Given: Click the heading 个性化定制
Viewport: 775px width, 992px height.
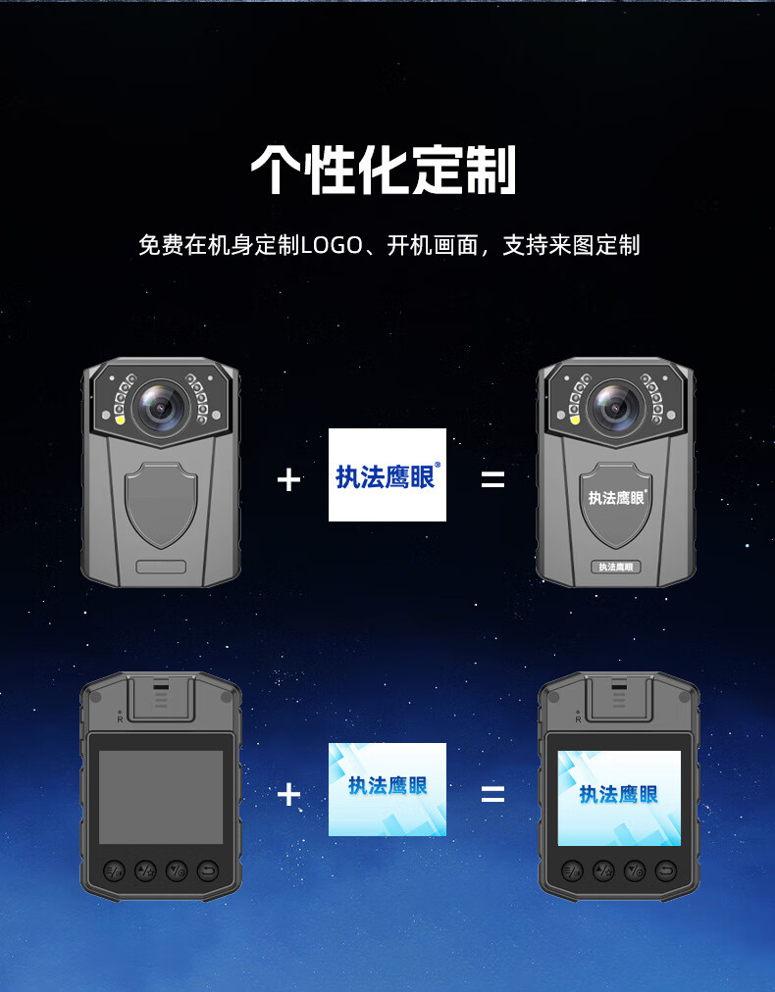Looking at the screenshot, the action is [x=384, y=171].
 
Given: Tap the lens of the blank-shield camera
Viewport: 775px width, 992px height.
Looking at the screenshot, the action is [x=162, y=408].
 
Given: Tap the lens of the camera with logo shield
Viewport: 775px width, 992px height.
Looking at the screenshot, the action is [x=615, y=408].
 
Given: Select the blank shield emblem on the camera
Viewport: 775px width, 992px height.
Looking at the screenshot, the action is [x=161, y=504].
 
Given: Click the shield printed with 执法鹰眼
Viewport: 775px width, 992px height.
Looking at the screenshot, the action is [x=616, y=504].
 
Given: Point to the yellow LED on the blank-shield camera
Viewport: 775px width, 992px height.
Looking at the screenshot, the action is [x=119, y=419].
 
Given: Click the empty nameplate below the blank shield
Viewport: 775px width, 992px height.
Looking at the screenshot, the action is [x=161, y=567].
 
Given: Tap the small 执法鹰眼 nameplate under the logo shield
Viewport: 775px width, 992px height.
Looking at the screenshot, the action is [x=616, y=567].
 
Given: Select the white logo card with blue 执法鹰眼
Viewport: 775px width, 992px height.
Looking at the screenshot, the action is [x=387, y=475].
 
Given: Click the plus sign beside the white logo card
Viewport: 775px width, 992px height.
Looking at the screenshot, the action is [x=288, y=480].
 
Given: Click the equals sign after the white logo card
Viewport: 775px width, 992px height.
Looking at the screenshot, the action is [x=492, y=480].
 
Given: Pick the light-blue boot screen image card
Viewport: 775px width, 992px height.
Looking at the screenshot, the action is [x=387, y=789].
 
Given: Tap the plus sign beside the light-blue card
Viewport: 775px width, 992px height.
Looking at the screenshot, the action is [x=288, y=794].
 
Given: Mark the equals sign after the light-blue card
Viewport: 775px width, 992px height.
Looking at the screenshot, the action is [x=492, y=794].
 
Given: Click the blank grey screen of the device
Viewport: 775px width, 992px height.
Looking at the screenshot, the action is [x=161, y=797].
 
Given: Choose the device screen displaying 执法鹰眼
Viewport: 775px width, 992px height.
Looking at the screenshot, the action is [x=619, y=798].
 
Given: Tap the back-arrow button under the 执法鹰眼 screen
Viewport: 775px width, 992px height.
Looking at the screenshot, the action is [x=666, y=871].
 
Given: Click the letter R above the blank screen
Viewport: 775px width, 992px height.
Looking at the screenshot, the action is [x=121, y=719].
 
